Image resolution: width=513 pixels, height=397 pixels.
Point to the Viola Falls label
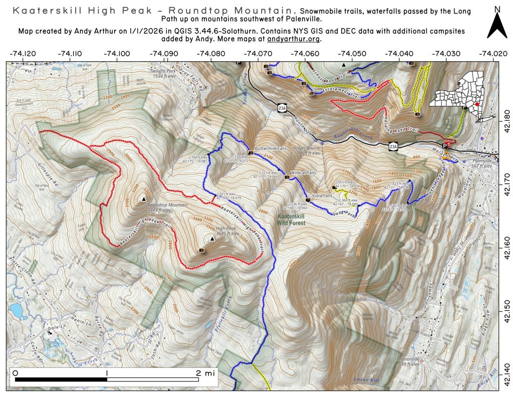tap(322, 195)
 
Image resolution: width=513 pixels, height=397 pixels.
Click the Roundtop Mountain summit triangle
tap(144, 199)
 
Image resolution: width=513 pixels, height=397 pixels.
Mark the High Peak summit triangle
tap(212, 239)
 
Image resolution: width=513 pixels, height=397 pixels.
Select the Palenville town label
tap(483, 162)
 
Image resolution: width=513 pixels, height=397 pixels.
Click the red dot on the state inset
tap(477, 104)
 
